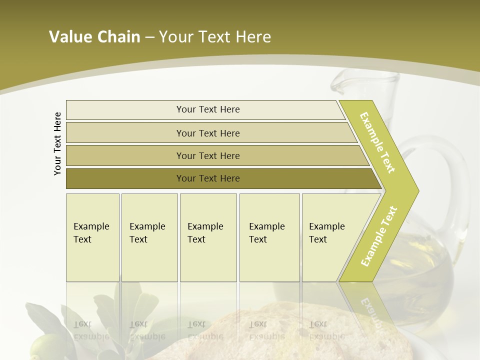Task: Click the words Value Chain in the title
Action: pyautogui.click(x=94, y=37)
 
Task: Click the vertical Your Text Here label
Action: pyautogui.click(x=57, y=143)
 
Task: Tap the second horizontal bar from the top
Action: pyautogui.click(x=208, y=133)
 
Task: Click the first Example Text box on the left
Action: pyautogui.click(x=92, y=237)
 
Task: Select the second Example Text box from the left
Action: pyautogui.click(x=149, y=237)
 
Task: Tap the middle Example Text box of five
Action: pyautogui.click(x=208, y=237)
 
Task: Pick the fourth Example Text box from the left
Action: pyautogui.click(x=269, y=237)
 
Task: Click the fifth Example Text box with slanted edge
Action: pyautogui.click(x=330, y=237)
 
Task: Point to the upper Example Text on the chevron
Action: pyautogui.click(x=377, y=142)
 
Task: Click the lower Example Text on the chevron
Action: pyautogui.click(x=379, y=236)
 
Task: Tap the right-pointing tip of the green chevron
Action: pyautogui.click(x=416, y=190)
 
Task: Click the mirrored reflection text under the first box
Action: pyautogui.click(x=91, y=330)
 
